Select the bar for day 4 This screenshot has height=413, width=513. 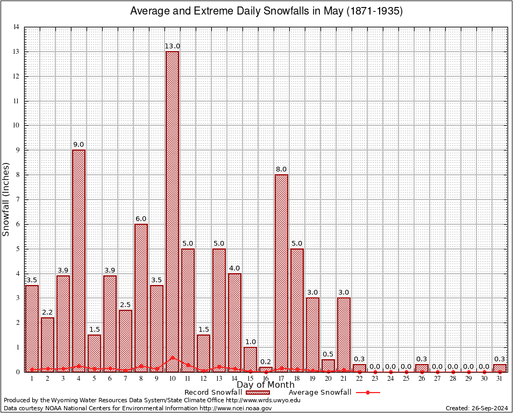(79, 258)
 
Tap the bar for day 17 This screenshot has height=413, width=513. (281, 269)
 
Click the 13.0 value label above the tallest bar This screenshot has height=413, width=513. (172, 46)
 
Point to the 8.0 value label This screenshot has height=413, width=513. (281, 169)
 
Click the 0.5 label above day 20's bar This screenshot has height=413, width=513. (328, 354)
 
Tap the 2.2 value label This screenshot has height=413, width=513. (47, 312)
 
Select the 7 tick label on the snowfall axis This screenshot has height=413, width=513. (18, 200)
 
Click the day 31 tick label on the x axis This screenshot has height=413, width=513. (500, 378)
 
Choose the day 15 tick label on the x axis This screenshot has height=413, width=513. (250, 378)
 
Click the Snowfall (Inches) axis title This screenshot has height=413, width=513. (6, 199)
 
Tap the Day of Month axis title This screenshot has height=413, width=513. (265, 385)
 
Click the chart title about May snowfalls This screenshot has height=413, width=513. (267, 11)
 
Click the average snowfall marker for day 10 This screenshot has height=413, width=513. (172, 357)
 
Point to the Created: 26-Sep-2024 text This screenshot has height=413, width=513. (477, 408)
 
